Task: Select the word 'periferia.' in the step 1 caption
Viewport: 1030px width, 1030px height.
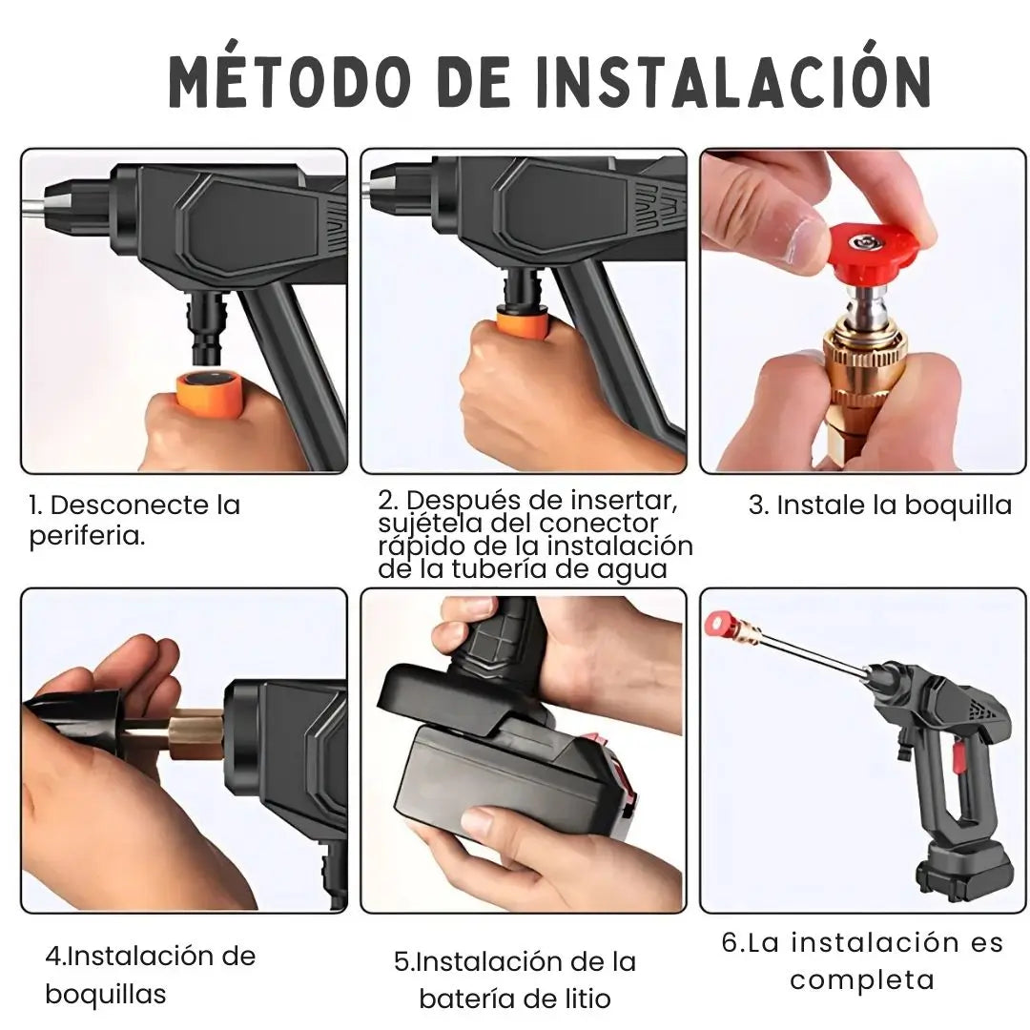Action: tap(87, 536)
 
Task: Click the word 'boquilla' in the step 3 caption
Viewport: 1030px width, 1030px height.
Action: tap(957, 505)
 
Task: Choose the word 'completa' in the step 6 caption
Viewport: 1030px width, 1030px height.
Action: tap(861, 979)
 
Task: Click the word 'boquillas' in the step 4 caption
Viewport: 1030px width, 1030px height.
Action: tap(106, 994)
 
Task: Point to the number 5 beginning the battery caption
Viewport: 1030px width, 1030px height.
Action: tap(402, 961)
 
